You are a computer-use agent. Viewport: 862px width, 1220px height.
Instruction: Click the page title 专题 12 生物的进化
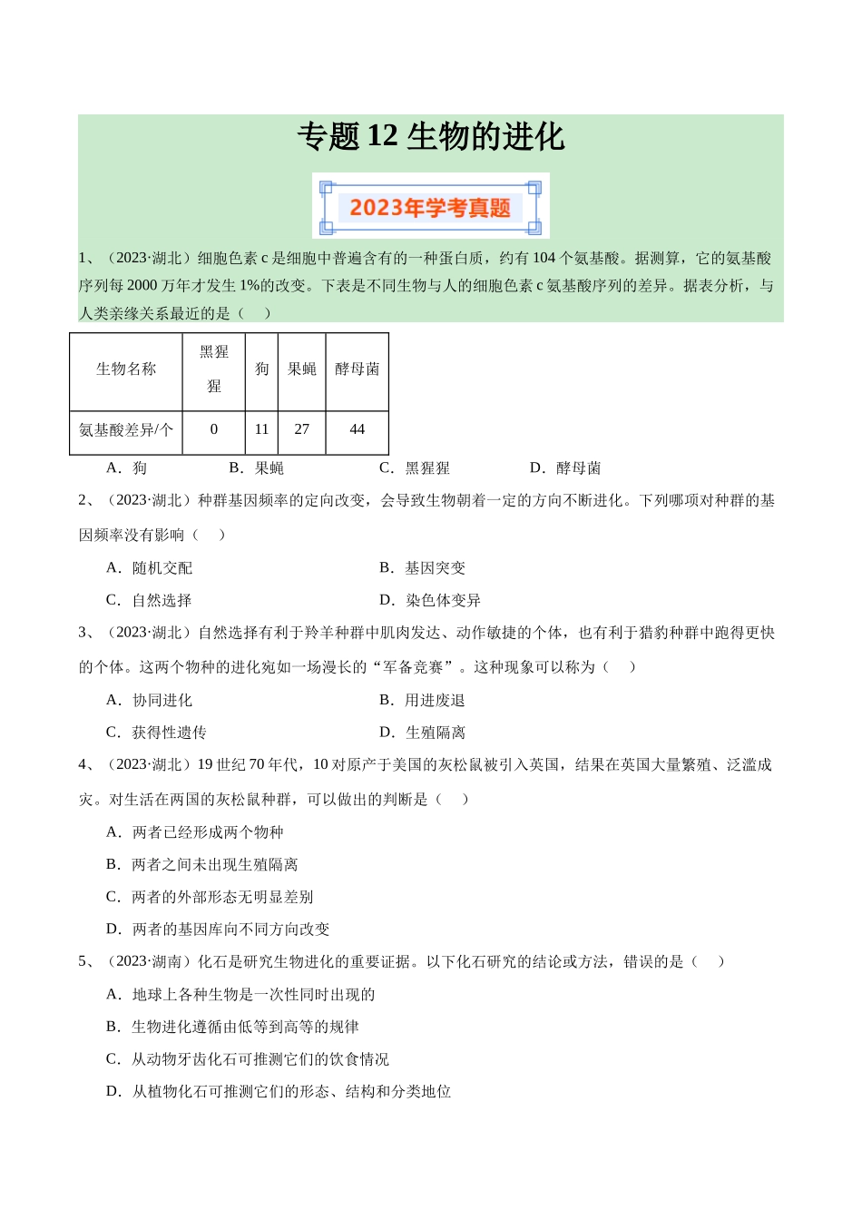tap(431, 137)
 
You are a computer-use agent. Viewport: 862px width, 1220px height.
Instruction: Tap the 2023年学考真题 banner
tap(430, 208)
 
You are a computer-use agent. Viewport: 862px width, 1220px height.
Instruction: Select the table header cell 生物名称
tap(126, 369)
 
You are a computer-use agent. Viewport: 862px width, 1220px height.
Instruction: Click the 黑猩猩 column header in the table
tap(214, 369)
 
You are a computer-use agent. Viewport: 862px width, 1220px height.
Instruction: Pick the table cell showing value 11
tap(261, 429)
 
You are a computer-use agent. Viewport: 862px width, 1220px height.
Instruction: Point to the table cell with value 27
tap(302, 429)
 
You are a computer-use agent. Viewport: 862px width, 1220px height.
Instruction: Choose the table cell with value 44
tap(358, 429)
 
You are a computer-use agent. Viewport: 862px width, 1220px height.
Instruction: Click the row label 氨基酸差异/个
tap(126, 429)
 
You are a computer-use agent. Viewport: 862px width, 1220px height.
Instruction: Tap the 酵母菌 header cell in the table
tap(358, 369)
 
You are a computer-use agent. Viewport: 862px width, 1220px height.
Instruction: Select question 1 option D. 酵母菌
tap(565, 468)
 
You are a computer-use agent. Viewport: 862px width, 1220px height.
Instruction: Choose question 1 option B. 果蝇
tap(257, 468)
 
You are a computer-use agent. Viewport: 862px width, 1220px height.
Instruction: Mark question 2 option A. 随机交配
tap(150, 568)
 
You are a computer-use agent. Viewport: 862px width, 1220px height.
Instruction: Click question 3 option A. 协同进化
tap(150, 701)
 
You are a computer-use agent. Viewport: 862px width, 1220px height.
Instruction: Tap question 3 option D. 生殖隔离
tap(423, 733)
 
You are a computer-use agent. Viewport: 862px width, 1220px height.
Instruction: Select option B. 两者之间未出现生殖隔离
tap(202, 865)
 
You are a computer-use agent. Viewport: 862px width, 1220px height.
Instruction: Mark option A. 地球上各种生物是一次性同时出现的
tap(240, 995)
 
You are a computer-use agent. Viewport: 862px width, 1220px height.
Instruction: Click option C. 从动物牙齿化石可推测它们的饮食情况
tap(248, 1059)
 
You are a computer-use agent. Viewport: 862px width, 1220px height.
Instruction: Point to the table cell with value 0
tap(214, 429)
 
